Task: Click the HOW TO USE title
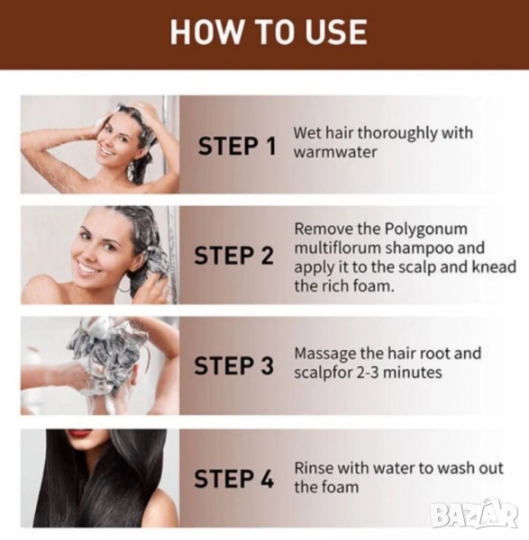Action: tap(269, 31)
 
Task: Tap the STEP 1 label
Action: tap(237, 145)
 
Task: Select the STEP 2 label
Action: tap(233, 256)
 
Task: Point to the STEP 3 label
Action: tap(233, 365)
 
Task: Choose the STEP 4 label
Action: tap(233, 479)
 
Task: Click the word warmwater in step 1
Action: tap(335, 152)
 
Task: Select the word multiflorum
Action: tap(337, 248)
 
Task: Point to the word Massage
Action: tap(324, 354)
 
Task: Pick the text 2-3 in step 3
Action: tap(368, 373)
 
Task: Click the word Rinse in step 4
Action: tap(313, 468)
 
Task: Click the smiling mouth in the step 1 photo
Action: tap(107, 152)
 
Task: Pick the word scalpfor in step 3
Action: tap(323, 373)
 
